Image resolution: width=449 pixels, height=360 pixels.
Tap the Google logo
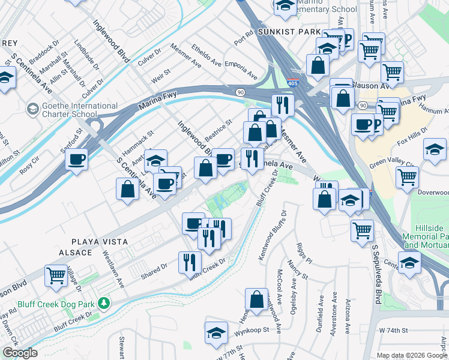(20, 353)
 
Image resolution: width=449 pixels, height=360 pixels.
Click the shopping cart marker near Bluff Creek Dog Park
(56, 275)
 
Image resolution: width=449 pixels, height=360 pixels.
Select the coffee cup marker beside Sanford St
(77, 160)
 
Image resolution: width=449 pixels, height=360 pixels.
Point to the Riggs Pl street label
(304, 253)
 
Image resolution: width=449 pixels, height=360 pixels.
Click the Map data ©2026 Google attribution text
(411, 355)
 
